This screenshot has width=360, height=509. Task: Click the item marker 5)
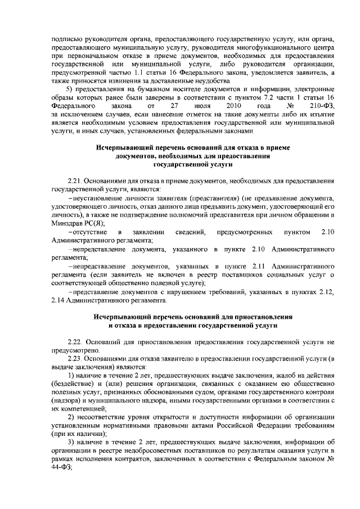pos(71,89)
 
